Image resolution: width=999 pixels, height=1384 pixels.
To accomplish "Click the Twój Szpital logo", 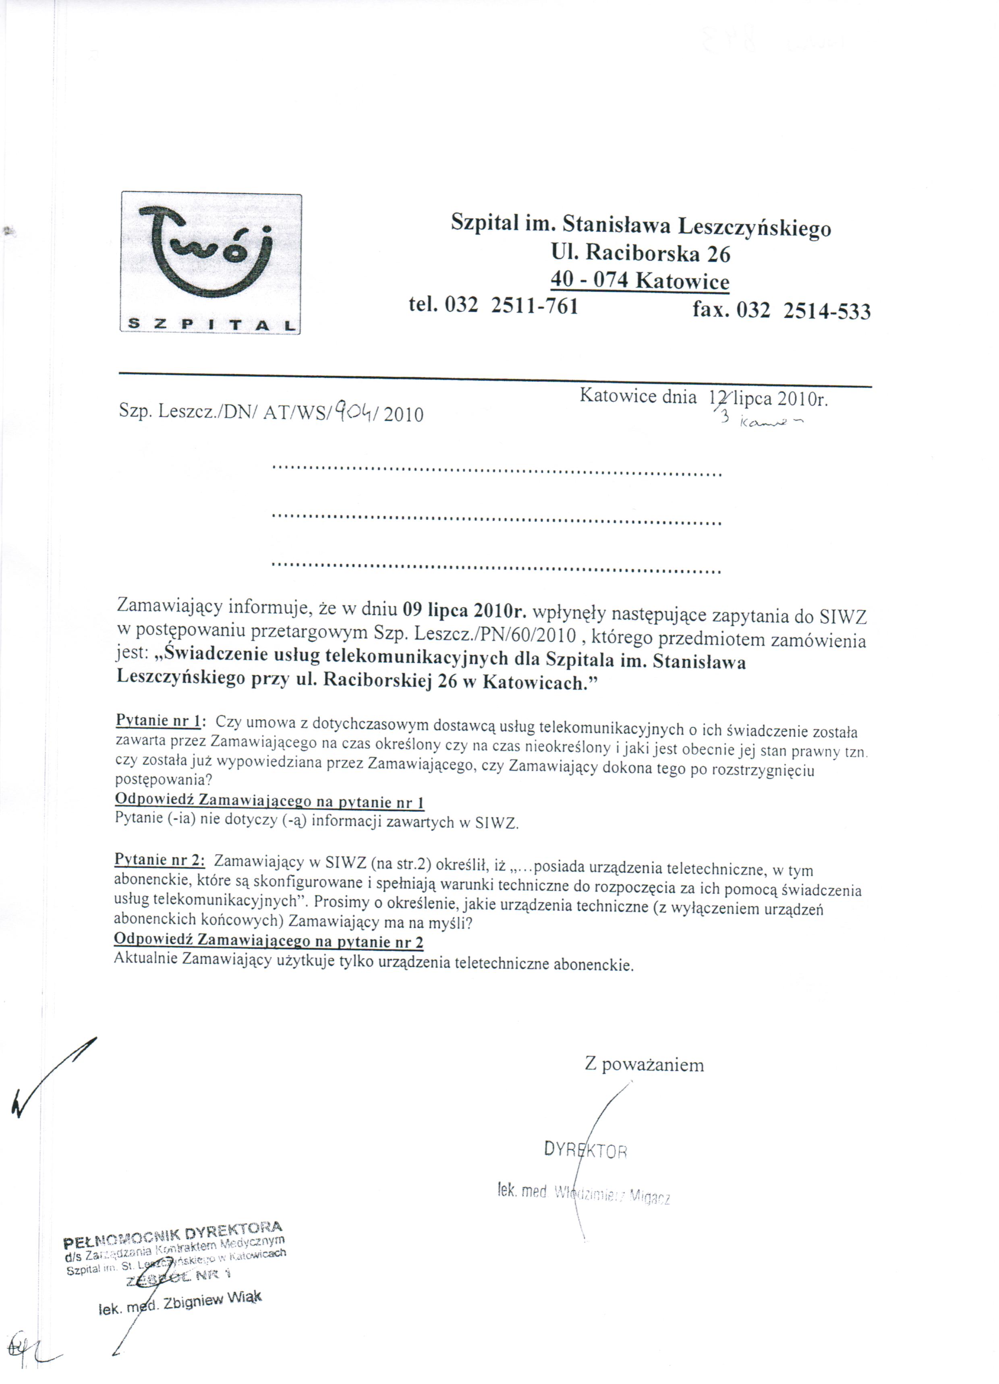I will (211, 263).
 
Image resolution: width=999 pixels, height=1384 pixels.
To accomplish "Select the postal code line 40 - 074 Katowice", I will (640, 280).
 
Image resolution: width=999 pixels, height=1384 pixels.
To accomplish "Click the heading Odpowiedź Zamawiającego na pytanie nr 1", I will (269, 801).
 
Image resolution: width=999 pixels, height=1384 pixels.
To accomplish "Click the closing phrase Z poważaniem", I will (644, 1065).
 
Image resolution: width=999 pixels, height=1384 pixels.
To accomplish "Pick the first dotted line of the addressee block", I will (496, 473).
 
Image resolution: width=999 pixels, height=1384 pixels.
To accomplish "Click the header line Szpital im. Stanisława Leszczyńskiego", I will (640, 226).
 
